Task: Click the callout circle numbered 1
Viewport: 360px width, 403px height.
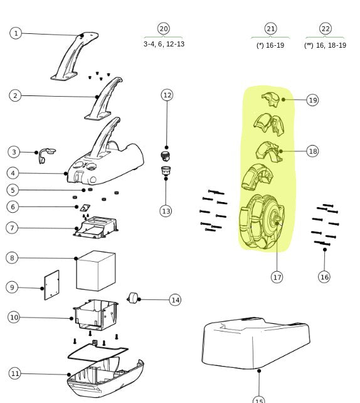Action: (16, 33)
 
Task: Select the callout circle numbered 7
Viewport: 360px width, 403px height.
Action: (12, 227)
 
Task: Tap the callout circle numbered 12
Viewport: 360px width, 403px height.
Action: (167, 95)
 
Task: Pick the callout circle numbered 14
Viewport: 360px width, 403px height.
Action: (175, 300)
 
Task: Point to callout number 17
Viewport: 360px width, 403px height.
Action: (277, 276)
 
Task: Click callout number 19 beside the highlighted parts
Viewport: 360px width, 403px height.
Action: (312, 100)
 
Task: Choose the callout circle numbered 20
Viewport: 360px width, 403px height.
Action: (164, 29)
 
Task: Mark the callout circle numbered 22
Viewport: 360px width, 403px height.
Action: (325, 29)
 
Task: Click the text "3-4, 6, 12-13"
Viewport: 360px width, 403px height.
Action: (164, 44)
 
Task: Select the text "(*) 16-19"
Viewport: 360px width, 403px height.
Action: (270, 45)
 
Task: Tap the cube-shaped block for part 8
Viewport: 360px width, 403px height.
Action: (95, 271)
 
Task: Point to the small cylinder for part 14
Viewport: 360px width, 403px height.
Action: (133, 298)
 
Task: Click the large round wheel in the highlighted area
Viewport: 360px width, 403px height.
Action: (262, 222)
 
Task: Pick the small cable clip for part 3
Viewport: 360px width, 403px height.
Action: (45, 153)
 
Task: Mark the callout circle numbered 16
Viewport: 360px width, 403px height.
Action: (324, 276)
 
